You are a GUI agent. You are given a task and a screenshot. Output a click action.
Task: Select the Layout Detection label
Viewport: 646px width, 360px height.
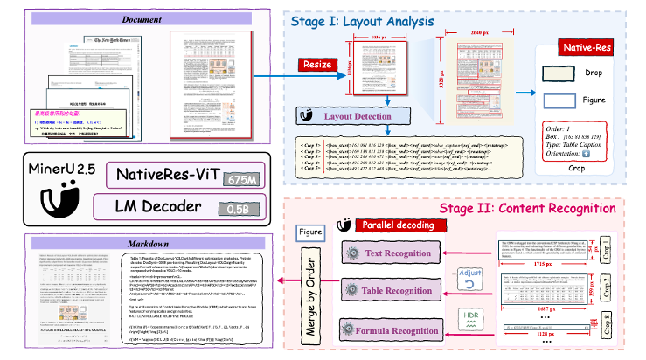point(358,115)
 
